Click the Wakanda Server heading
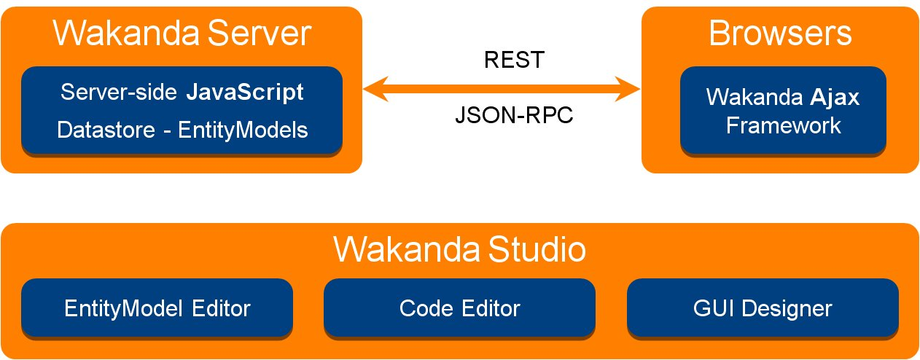(182, 34)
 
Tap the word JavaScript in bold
(246, 93)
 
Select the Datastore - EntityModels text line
(182, 130)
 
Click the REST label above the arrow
(514, 60)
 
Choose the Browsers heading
(780, 34)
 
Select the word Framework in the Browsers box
(784, 125)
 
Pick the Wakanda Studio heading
(459, 250)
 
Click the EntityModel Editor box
(157, 308)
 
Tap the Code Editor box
(459, 308)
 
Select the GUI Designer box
(763, 308)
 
